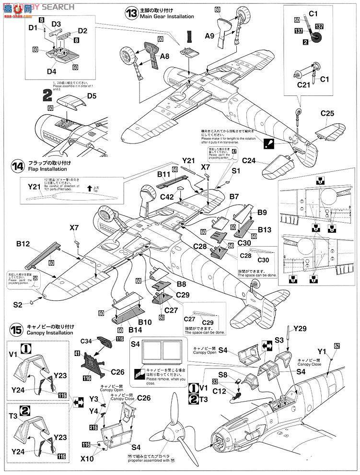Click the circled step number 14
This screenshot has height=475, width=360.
(18, 166)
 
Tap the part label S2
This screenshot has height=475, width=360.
(18, 304)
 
